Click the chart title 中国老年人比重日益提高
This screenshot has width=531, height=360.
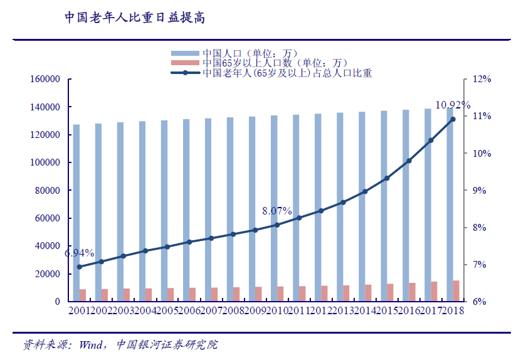click(x=135, y=17)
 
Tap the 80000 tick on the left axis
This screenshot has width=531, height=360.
click(x=46, y=191)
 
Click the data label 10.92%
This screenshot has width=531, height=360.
click(x=453, y=104)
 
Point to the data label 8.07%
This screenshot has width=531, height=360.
click(x=277, y=211)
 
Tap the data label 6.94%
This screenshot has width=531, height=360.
click(x=79, y=253)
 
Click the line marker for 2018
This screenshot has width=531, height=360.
click(x=452, y=119)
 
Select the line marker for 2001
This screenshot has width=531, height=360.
click(x=80, y=267)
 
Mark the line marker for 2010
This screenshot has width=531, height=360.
click(x=277, y=225)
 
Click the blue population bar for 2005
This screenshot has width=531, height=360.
click(x=164, y=210)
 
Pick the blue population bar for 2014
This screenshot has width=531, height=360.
click(x=362, y=206)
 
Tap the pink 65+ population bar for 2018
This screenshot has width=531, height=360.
click(x=456, y=291)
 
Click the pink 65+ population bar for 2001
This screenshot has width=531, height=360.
click(x=83, y=295)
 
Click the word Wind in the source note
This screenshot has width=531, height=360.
click(x=91, y=345)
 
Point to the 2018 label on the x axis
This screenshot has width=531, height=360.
click(x=452, y=311)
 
